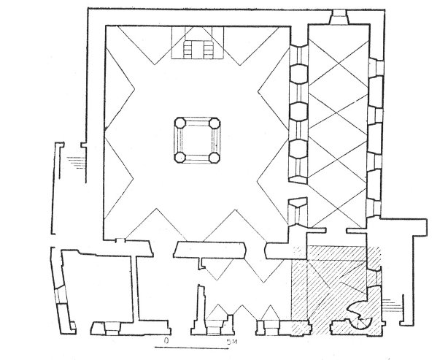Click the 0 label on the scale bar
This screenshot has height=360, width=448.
[x=166, y=340]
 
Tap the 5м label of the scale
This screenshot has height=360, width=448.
[x=232, y=341]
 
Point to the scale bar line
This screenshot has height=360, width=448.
[x=188, y=348]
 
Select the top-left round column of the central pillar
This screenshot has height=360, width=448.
[x=180, y=123]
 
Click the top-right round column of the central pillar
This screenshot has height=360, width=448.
[x=215, y=123]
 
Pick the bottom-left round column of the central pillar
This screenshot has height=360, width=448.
[x=180, y=158]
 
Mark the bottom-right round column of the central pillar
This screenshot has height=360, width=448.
[x=215, y=158]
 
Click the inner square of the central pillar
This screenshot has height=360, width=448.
[x=197, y=140]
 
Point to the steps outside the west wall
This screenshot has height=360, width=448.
[x=76, y=162]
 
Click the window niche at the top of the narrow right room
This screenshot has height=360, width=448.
[x=339, y=17]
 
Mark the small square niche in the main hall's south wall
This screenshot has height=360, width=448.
[x=120, y=240]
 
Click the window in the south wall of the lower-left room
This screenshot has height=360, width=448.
[x=113, y=329]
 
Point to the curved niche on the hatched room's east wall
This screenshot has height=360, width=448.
[x=374, y=277]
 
